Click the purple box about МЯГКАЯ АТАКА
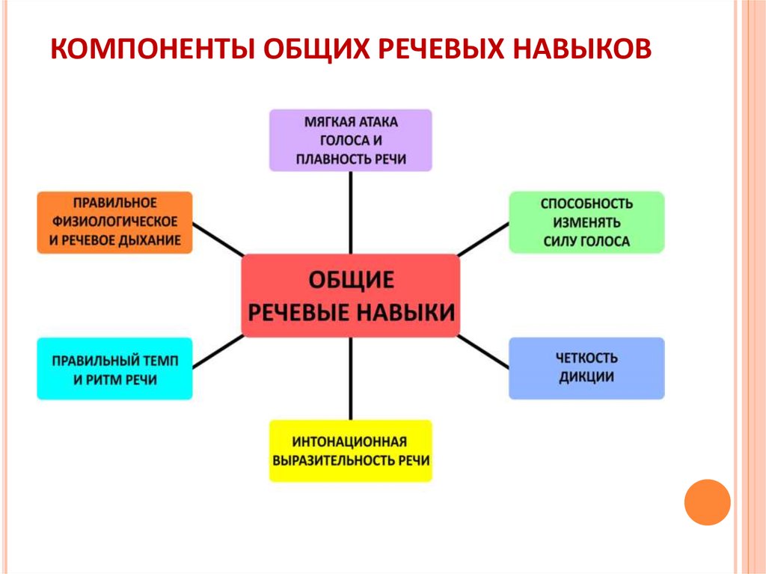click(351, 141)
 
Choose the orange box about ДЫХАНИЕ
click(114, 222)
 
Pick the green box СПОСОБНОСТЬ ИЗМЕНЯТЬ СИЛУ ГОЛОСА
click(586, 222)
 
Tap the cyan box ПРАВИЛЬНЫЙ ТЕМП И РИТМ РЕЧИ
click(114, 369)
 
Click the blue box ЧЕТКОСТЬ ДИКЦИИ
click(586, 368)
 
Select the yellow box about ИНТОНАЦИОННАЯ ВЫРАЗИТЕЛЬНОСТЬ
click(351, 451)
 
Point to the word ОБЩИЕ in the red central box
click(352, 280)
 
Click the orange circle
click(708, 502)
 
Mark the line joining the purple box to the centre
click(351, 213)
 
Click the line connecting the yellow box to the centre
click(351, 379)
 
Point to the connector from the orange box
click(218, 239)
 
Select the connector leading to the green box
click(483, 239)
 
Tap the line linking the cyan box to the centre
click(218, 352)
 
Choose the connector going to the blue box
click(483, 352)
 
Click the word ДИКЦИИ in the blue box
click(586, 377)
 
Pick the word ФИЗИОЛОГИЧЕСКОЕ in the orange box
click(114, 222)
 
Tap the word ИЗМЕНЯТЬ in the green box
click(586, 222)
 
